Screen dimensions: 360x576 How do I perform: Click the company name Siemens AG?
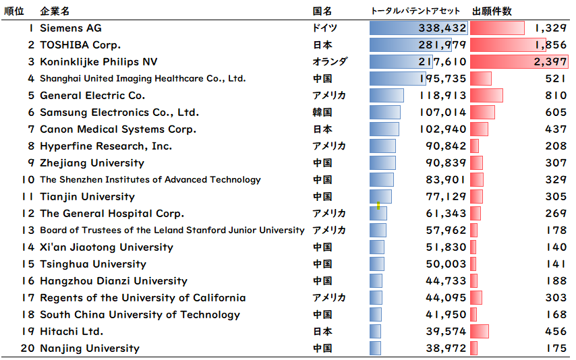[71, 28]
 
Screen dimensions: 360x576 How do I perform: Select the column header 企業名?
[55, 11]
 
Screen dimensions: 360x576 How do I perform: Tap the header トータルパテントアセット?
[415, 11]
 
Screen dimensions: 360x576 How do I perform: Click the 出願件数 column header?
[492, 11]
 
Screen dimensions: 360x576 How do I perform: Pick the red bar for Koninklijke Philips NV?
[519, 62]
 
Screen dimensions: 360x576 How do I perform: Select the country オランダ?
[330, 62]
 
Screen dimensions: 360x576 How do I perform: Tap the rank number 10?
[28, 180]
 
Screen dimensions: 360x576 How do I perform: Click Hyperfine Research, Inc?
[106, 146]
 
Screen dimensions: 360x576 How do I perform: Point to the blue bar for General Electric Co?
[386, 96]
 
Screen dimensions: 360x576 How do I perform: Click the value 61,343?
[447, 214]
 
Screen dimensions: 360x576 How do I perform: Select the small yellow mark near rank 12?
[379, 206]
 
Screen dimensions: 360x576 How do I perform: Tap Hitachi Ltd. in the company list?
[71, 332]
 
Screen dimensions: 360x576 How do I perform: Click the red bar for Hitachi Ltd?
[480, 332]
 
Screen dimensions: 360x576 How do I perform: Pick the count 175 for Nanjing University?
[556, 349]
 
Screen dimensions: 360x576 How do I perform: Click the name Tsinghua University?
[93, 264]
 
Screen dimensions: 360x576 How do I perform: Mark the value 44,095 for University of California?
[447, 298]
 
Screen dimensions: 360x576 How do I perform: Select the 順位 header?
[14, 11]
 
